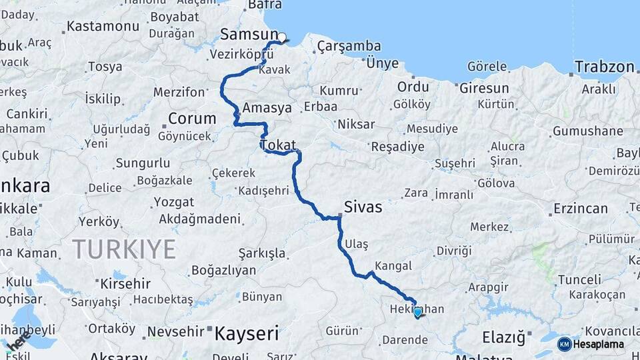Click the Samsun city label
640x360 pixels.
click(x=249, y=34)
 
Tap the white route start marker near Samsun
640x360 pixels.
click(x=281, y=38)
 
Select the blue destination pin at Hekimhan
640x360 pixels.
click(x=418, y=312)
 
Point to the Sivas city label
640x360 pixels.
click(x=363, y=207)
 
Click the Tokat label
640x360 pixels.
click(x=279, y=145)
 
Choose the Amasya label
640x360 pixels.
click(x=267, y=107)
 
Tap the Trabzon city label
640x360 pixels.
click(x=604, y=67)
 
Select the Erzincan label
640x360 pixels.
click(x=580, y=209)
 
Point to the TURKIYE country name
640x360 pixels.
click(x=124, y=249)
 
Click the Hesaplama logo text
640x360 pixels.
click(x=599, y=344)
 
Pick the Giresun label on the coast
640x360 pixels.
click(x=483, y=88)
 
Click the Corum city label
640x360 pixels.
click(x=192, y=119)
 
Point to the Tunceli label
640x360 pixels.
click(x=579, y=280)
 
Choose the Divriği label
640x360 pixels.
click(x=453, y=251)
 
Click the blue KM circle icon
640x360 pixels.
click(x=564, y=344)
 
